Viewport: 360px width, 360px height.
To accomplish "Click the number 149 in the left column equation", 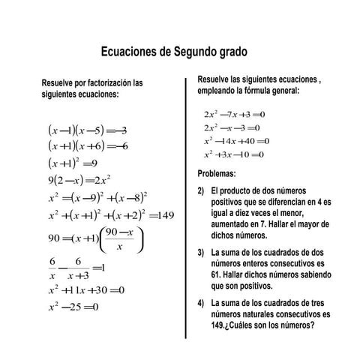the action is pos(162,215).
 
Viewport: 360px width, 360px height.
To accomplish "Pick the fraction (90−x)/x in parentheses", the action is pos(119,240).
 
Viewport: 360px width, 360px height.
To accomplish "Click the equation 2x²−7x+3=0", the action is pos(235,114).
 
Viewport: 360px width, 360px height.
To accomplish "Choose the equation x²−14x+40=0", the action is pos(235,141).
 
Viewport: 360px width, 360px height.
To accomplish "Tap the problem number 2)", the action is pos(201,191).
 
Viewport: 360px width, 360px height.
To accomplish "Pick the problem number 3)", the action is pos(201,253).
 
